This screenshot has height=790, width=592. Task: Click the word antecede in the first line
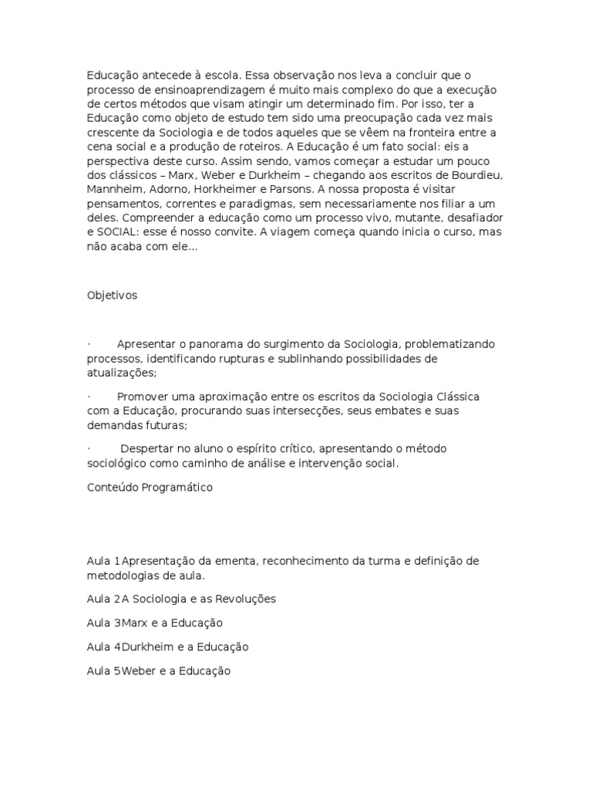point(164,76)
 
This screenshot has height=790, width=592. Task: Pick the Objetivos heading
point(112,295)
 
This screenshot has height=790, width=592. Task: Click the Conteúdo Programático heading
point(150,488)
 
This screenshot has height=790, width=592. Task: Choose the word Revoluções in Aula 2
point(243,599)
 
